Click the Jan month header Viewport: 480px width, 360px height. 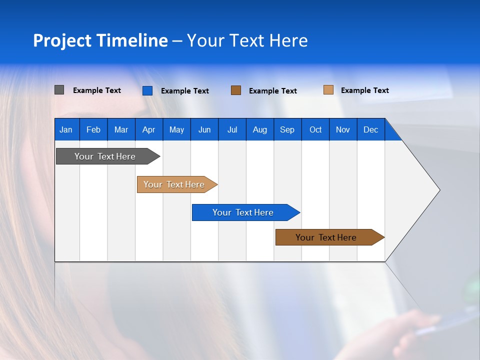click(x=66, y=129)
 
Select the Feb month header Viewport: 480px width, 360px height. click(x=93, y=129)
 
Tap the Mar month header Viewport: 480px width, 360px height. click(x=121, y=129)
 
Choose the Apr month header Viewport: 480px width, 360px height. click(x=148, y=129)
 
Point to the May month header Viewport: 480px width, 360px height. click(x=176, y=129)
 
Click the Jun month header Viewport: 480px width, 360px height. click(x=204, y=129)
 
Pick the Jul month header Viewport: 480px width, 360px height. click(x=232, y=129)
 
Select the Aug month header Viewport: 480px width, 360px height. click(x=259, y=129)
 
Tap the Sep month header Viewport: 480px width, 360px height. click(x=287, y=129)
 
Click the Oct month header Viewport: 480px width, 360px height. click(x=315, y=129)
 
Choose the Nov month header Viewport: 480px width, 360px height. click(x=342, y=129)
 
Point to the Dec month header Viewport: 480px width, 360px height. click(x=370, y=129)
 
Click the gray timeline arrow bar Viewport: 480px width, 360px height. click(x=105, y=156)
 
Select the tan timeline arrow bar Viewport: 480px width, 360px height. click(x=174, y=184)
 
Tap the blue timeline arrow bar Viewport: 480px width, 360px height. click(x=243, y=212)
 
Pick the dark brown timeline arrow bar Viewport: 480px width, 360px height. click(x=326, y=237)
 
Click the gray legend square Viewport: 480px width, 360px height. click(x=59, y=90)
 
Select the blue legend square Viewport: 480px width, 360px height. click(x=147, y=90)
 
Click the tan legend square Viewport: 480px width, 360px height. click(x=328, y=90)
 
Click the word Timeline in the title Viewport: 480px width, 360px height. click(x=131, y=40)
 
